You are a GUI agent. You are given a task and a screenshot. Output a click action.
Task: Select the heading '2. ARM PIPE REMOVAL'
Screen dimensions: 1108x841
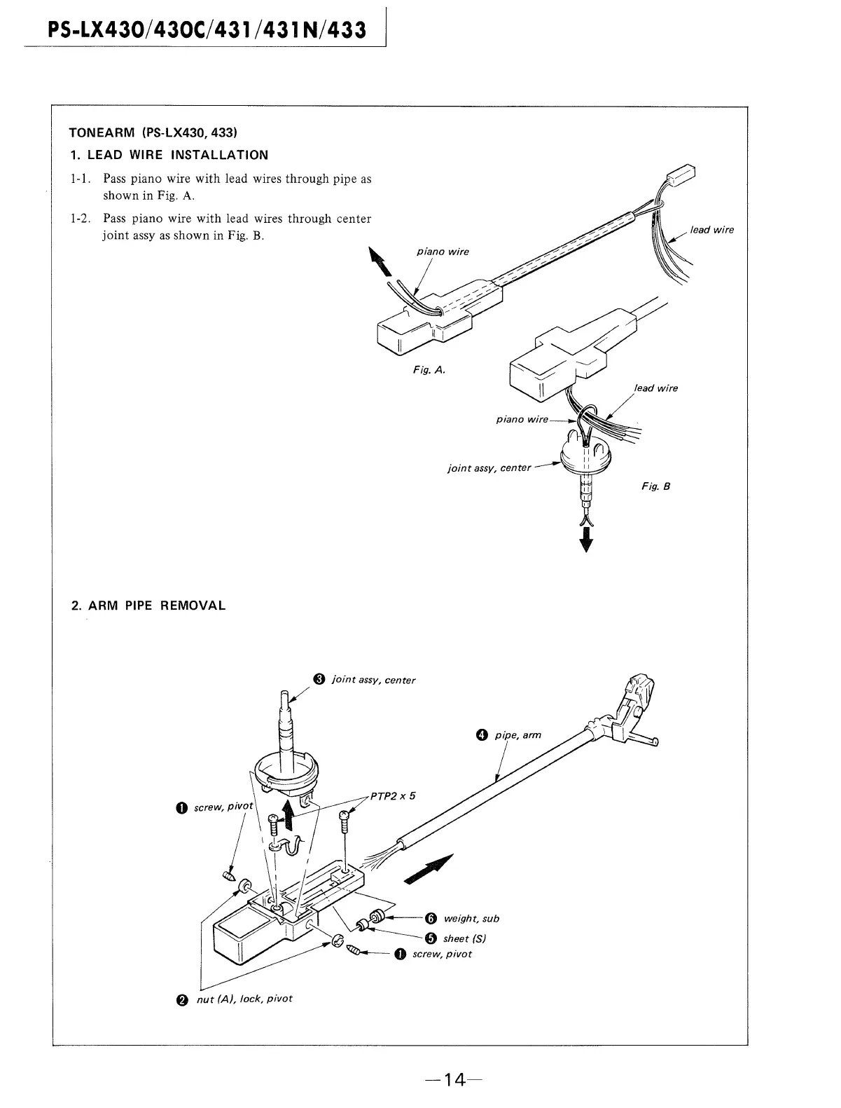point(148,606)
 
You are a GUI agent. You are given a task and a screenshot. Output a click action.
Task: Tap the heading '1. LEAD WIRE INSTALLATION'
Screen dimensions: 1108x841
point(169,155)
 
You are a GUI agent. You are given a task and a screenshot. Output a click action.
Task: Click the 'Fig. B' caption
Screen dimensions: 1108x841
point(656,486)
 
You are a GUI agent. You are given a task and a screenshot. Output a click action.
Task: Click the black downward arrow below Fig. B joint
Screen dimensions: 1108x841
point(587,541)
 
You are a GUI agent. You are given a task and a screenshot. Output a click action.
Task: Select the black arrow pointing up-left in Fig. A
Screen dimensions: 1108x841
point(382,264)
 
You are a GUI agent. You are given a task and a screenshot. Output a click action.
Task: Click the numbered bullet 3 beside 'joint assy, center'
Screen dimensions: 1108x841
point(319,678)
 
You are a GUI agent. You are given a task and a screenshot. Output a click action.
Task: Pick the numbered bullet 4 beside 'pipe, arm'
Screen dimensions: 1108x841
point(480,735)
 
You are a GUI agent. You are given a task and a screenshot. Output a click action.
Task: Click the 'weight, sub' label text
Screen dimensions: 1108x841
point(471,919)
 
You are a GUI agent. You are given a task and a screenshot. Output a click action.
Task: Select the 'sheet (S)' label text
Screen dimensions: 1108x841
point(465,938)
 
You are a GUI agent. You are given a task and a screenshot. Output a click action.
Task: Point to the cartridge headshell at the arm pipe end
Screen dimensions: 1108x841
point(634,708)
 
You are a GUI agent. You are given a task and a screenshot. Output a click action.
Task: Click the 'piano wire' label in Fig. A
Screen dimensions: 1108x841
point(443,252)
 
